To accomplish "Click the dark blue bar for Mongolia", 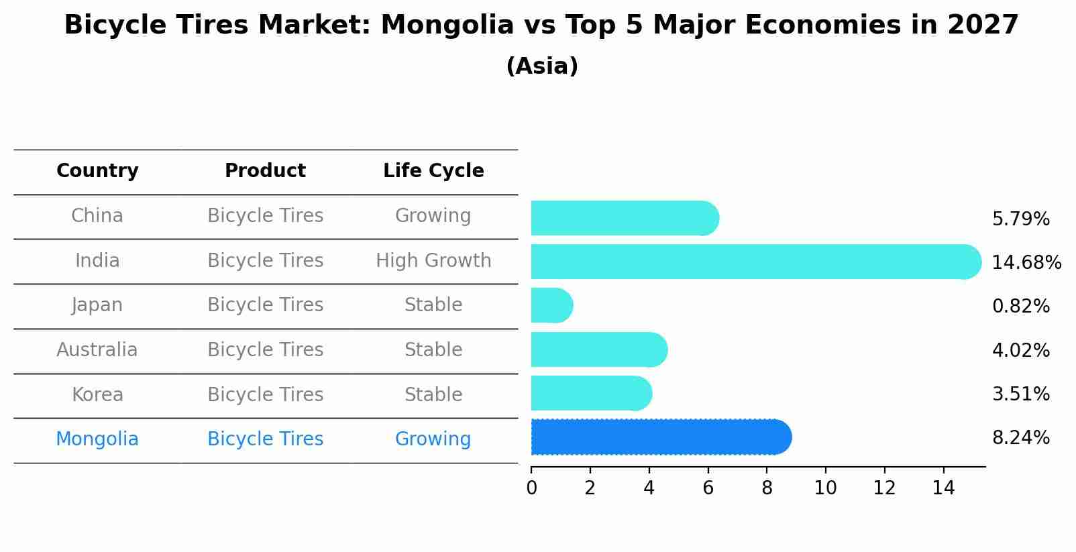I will pos(661,437).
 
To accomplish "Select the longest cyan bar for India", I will pos(755,262).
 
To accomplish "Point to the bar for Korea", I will pos(591,394).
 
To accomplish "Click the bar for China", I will pos(625,218).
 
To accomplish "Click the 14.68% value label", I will pos(1026,263).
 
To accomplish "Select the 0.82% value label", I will pos(1020,307).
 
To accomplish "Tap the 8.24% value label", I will pos(1020,438).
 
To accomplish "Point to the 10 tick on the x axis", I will pos(825,488).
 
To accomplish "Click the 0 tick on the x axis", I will pos(531,488).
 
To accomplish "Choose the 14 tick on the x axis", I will pos(943,488).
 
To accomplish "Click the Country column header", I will pos(97,171).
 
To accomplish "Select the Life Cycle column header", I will pos(433,171).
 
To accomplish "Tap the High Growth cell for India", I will pos(433,261).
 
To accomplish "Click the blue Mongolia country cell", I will pos(97,439).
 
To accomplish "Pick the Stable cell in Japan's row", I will pos(433,305).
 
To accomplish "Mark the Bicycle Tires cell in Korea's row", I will pos(265,394).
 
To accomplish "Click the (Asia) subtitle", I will pos(542,66).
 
